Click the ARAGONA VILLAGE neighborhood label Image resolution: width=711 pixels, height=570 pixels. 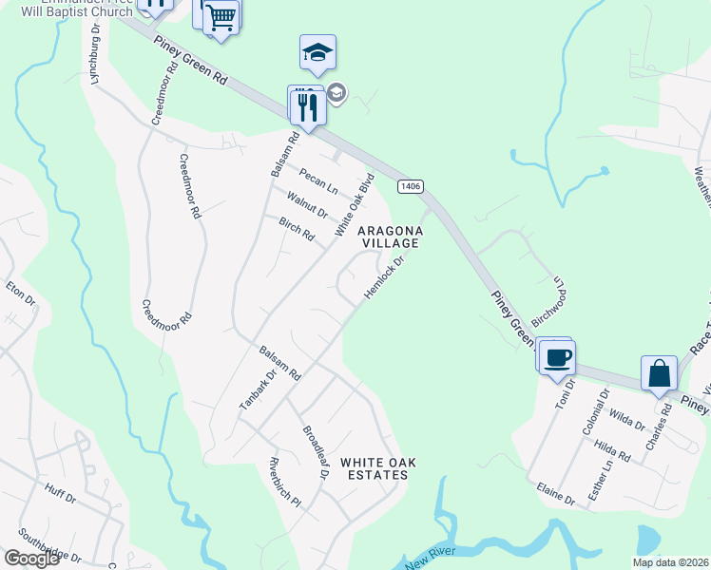point(387,237)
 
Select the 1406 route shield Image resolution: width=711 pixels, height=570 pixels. point(411,186)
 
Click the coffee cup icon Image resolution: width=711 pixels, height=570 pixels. point(558,358)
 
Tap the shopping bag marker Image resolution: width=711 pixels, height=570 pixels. point(659,374)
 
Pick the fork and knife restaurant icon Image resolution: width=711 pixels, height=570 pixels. point(307,106)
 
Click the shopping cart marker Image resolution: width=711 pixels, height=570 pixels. point(221,16)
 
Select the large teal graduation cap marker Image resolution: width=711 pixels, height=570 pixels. point(317,53)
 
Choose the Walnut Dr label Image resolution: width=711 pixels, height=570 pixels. point(307,202)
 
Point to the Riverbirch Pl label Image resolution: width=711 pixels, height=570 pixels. point(283,483)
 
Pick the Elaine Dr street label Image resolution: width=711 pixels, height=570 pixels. point(556,493)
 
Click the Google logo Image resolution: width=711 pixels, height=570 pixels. point(31,559)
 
